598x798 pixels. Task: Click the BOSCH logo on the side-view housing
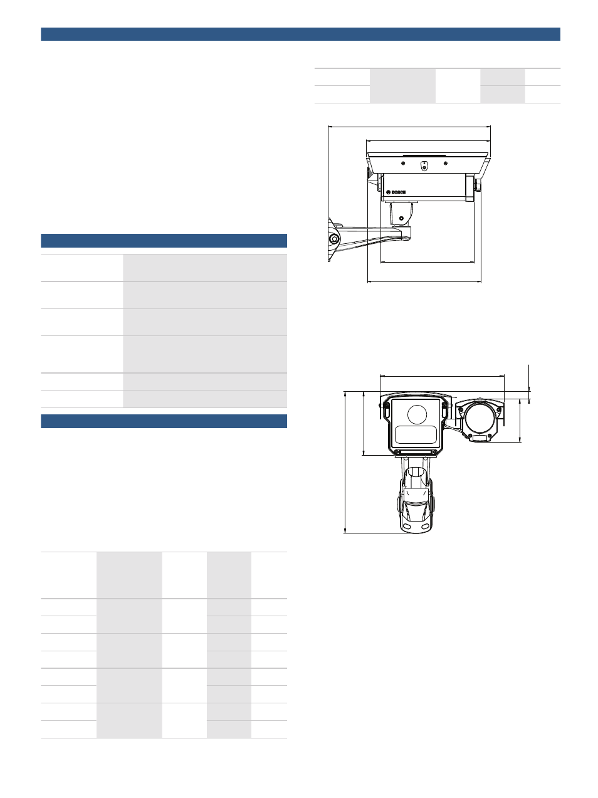(396, 192)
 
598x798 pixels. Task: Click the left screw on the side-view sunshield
(403, 163)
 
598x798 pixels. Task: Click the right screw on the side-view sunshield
(446, 163)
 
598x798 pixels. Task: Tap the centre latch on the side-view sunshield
(424, 165)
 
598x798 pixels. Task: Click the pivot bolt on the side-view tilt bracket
(401, 219)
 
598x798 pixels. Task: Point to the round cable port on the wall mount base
(334, 239)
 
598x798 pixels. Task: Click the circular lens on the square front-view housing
(417, 414)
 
